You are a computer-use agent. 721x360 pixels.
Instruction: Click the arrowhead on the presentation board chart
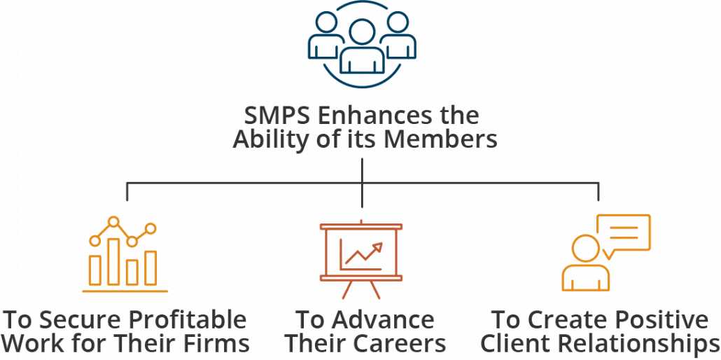pyautogui.click(x=379, y=247)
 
